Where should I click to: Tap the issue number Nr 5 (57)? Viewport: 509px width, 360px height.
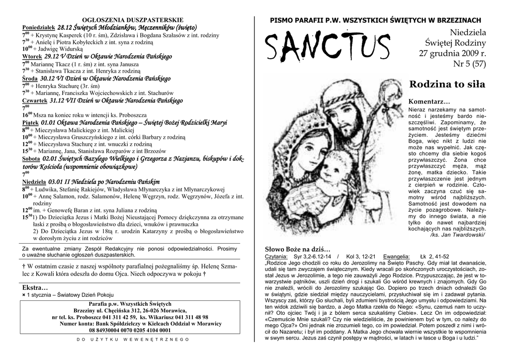click(x=469, y=64)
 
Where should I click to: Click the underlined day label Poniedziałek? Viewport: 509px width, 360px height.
click(x=39, y=27)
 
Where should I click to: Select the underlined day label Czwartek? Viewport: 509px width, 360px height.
click(x=35, y=100)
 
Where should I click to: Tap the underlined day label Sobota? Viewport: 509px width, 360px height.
click(x=31, y=159)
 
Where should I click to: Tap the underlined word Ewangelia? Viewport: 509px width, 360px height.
click(x=396, y=256)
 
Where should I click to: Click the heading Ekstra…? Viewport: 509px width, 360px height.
click(x=35, y=287)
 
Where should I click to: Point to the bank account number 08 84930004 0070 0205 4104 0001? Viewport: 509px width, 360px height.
click(x=129, y=330)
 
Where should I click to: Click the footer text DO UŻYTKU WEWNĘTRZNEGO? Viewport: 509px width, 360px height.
click(x=133, y=339)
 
